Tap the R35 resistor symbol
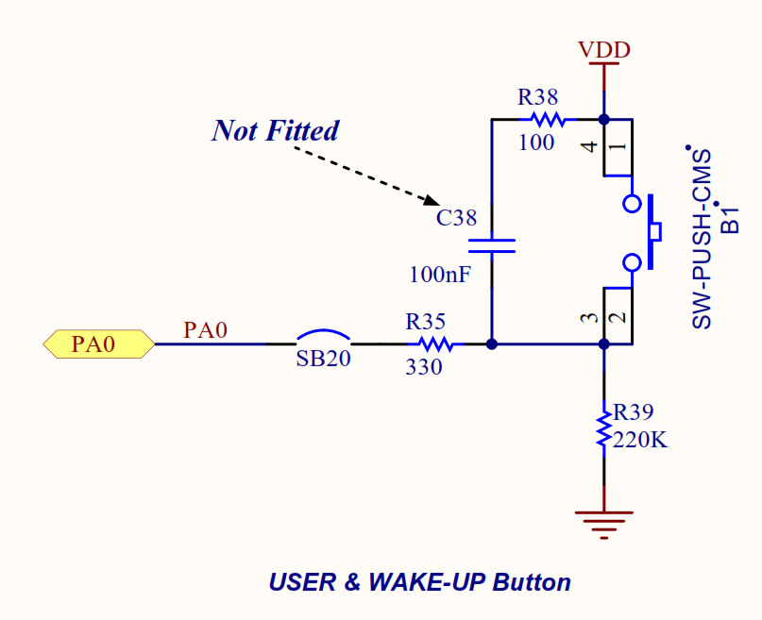tap(436, 344)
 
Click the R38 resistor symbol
tap(547, 120)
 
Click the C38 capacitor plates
tap(492, 246)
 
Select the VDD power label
tap(604, 49)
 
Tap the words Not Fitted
tap(275, 130)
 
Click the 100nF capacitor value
tap(440, 276)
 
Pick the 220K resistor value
tap(640, 440)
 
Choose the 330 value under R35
tap(424, 368)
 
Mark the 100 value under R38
tap(537, 142)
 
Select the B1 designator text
tap(730, 218)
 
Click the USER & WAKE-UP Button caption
tap(419, 581)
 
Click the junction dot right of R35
tap(492, 344)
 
